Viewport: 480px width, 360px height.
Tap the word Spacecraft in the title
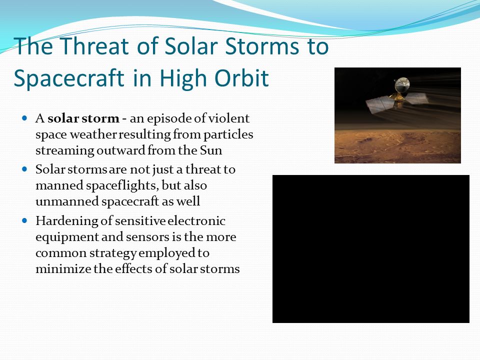69,78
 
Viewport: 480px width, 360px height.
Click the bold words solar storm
83,118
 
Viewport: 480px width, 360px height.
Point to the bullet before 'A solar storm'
25,118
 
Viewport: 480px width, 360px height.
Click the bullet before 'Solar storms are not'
25,168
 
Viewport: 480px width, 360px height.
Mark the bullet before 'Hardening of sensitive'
25,220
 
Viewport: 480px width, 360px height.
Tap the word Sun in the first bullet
211,150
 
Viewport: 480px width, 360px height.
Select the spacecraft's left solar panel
380,104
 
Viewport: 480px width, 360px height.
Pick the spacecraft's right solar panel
416,98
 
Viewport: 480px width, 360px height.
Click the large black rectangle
370,249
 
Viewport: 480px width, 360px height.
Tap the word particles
228,135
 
